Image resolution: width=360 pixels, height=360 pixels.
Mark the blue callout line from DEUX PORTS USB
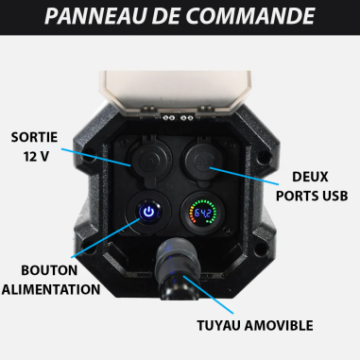(x=246, y=176)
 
